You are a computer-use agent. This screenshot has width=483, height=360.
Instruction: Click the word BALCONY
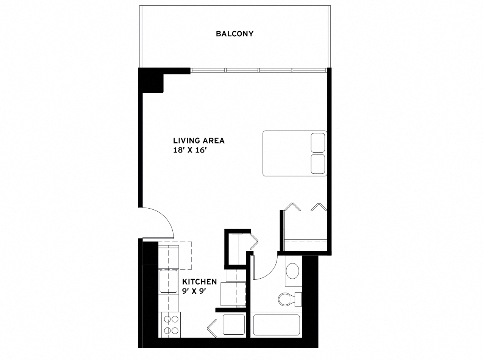(x=234, y=34)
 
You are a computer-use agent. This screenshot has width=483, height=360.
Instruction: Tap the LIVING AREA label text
(x=199, y=141)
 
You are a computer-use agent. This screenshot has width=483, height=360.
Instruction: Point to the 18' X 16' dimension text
(x=190, y=150)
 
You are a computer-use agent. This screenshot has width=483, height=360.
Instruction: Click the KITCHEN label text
(x=199, y=282)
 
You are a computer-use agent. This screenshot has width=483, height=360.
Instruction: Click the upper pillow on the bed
(x=318, y=143)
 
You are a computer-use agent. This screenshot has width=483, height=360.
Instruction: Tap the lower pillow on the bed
(x=318, y=164)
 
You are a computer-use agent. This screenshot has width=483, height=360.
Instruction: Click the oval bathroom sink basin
(x=292, y=271)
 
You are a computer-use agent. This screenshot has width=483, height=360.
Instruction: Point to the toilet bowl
(x=286, y=299)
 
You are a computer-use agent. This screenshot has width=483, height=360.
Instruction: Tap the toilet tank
(x=298, y=299)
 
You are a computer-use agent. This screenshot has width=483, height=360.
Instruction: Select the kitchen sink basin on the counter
(x=168, y=281)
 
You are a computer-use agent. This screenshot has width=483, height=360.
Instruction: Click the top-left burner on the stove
(x=167, y=319)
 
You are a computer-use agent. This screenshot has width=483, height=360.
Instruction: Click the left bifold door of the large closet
(x=292, y=207)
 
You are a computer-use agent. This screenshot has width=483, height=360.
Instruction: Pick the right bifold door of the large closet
(x=319, y=207)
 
